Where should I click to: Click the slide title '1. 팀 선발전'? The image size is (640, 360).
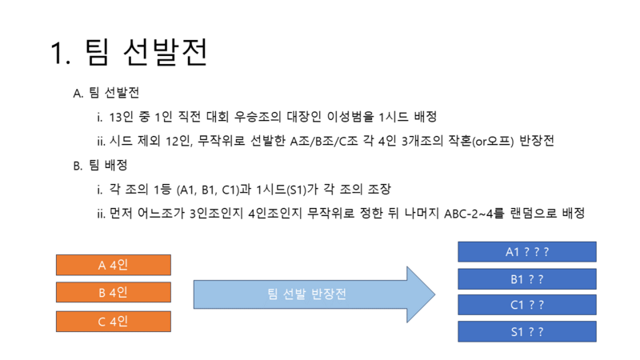(x=129, y=52)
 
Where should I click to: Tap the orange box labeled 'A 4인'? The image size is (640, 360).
(x=114, y=265)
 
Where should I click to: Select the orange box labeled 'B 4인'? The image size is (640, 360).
(x=114, y=292)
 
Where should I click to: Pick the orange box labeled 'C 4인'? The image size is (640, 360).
(x=114, y=322)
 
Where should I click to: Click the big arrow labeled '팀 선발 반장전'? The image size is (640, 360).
(x=314, y=294)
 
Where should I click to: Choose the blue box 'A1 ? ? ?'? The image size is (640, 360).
(x=527, y=252)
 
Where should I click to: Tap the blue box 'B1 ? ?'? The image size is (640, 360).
(x=527, y=279)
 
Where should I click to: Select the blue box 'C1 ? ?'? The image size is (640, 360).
(x=527, y=305)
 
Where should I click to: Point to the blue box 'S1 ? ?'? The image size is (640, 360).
(x=527, y=331)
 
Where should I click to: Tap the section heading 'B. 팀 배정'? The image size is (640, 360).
(x=101, y=166)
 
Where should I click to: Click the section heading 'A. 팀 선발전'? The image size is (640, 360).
(x=106, y=93)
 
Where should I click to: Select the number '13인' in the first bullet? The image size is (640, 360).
(x=122, y=117)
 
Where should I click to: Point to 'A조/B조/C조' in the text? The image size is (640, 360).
(x=324, y=141)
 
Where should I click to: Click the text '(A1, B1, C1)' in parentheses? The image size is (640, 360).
(x=208, y=190)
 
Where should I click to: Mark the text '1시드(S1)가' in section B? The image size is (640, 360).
(x=287, y=190)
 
